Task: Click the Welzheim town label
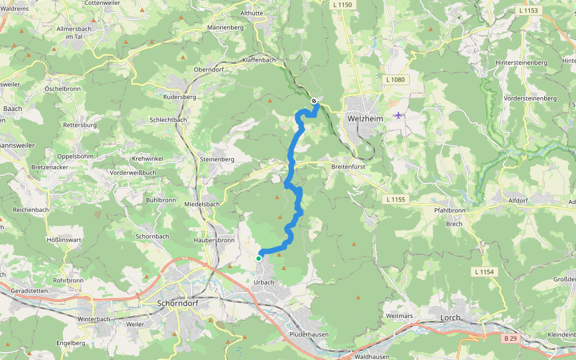tap(365, 119)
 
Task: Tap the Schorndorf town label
tap(177, 303)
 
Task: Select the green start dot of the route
tap(259, 258)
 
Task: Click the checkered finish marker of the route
tap(314, 101)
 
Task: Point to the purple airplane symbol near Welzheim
tap(398, 115)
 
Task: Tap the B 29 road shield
tap(510, 338)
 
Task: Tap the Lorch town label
tap(450, 317)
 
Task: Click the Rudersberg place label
tap(180, 96)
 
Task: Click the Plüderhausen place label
tap(308, 334)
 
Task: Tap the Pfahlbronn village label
tap(449, 211)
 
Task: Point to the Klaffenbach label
tap(259, 60)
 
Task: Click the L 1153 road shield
tap(527, 10)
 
